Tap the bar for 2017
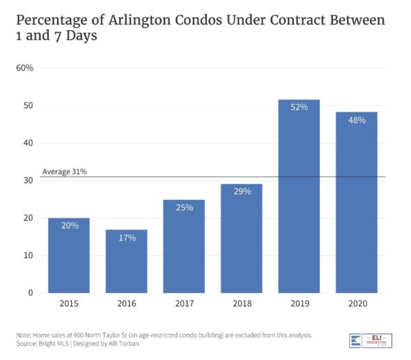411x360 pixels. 184,246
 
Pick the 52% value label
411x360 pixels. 298,107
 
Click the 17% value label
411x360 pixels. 126,237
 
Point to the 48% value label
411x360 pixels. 356,120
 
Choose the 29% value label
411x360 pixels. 241,191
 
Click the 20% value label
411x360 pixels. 68,225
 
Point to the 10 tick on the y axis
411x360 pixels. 29,256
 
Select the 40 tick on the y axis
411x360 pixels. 29,143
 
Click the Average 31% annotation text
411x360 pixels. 64,172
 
